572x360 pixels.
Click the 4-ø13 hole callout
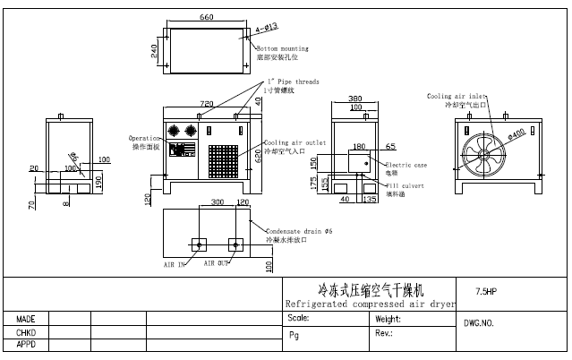pyautogui.click(x=245, y=28)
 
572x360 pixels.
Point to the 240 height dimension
pyautogui.click(x=154, y=50)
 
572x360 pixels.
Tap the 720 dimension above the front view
pyautogui.click(x=206, y=104)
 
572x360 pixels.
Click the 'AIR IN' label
pyautogui.click(x=174, y=265)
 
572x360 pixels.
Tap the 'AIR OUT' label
pyautogui.click(x=217, y=263)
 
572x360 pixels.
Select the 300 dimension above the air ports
pyautogui.click(x=217, y=202)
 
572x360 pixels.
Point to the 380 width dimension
pyautogui.click(x=354, y=99)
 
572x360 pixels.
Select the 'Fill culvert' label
pyautogui.click(x=405, y=185)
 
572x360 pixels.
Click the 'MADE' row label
pyautogui.click(x=25, y=319)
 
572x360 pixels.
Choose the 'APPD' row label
pyautogui.click(x=25, y=344)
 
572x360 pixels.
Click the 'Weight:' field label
pyautogui.click(x=388, y=319)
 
